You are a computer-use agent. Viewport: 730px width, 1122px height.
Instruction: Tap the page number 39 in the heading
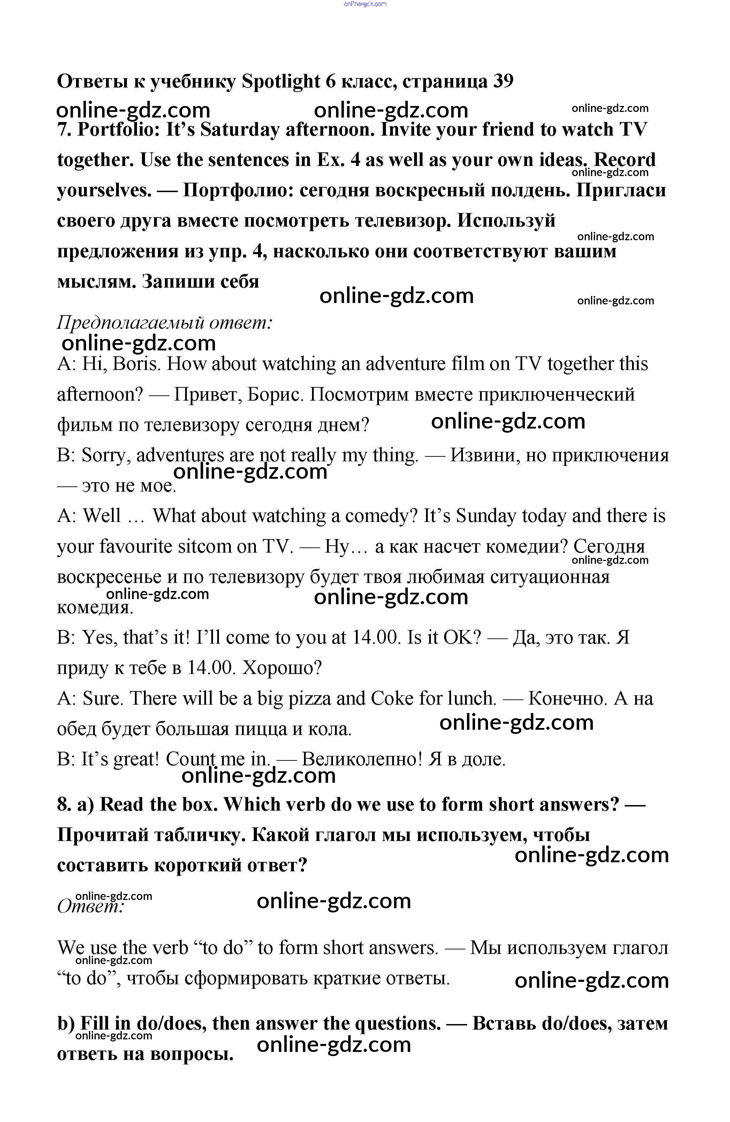click(x=502, y=82)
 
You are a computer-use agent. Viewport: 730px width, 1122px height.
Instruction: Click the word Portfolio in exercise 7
click(x=118, y=130)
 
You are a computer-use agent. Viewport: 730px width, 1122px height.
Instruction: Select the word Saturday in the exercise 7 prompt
click(x=240, y=130)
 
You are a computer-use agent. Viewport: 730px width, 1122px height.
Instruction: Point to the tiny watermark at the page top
click(x=365, y=4)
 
